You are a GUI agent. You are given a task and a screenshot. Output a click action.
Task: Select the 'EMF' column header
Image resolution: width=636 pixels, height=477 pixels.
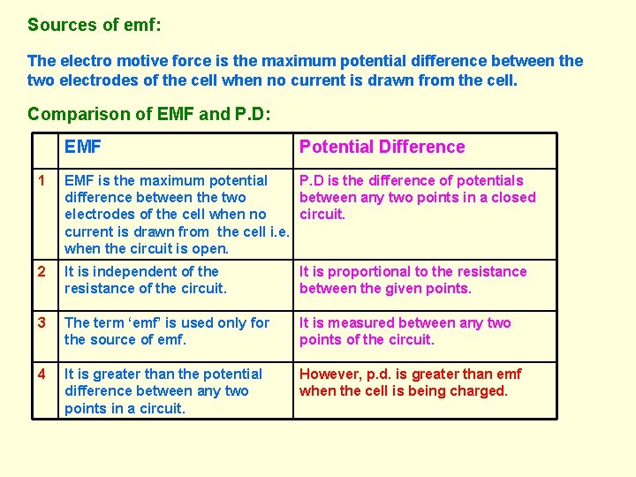point(83,148)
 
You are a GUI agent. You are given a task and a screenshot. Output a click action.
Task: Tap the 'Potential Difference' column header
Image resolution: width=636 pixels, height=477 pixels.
point(382,148)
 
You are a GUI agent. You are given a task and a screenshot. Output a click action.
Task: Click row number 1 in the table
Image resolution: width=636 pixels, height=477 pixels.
point(41,181)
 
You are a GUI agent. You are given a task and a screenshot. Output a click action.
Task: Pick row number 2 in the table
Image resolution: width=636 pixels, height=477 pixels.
point(41,272)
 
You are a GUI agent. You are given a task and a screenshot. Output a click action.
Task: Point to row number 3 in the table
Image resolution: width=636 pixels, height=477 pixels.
point(41,323)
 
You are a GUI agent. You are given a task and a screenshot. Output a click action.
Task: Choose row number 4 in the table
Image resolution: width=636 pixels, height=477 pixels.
point(41,375)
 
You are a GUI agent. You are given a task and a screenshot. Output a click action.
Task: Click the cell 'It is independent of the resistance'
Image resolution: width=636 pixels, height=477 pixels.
point(146,280)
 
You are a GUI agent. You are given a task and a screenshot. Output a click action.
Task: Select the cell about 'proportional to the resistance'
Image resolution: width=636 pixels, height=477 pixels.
point(413,280)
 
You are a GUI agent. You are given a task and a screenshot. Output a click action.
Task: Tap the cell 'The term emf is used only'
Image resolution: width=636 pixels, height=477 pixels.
point(167,331)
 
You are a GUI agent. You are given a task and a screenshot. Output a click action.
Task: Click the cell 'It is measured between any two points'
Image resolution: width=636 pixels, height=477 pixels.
point(405,331)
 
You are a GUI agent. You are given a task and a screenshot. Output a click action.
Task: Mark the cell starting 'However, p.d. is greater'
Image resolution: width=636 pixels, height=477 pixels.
point(410,382)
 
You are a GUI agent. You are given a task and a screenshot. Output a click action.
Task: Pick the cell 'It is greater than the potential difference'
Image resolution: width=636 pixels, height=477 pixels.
point(163,391)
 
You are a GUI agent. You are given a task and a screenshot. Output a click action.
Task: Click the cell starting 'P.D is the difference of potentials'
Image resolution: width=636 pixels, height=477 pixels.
point(417,197)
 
